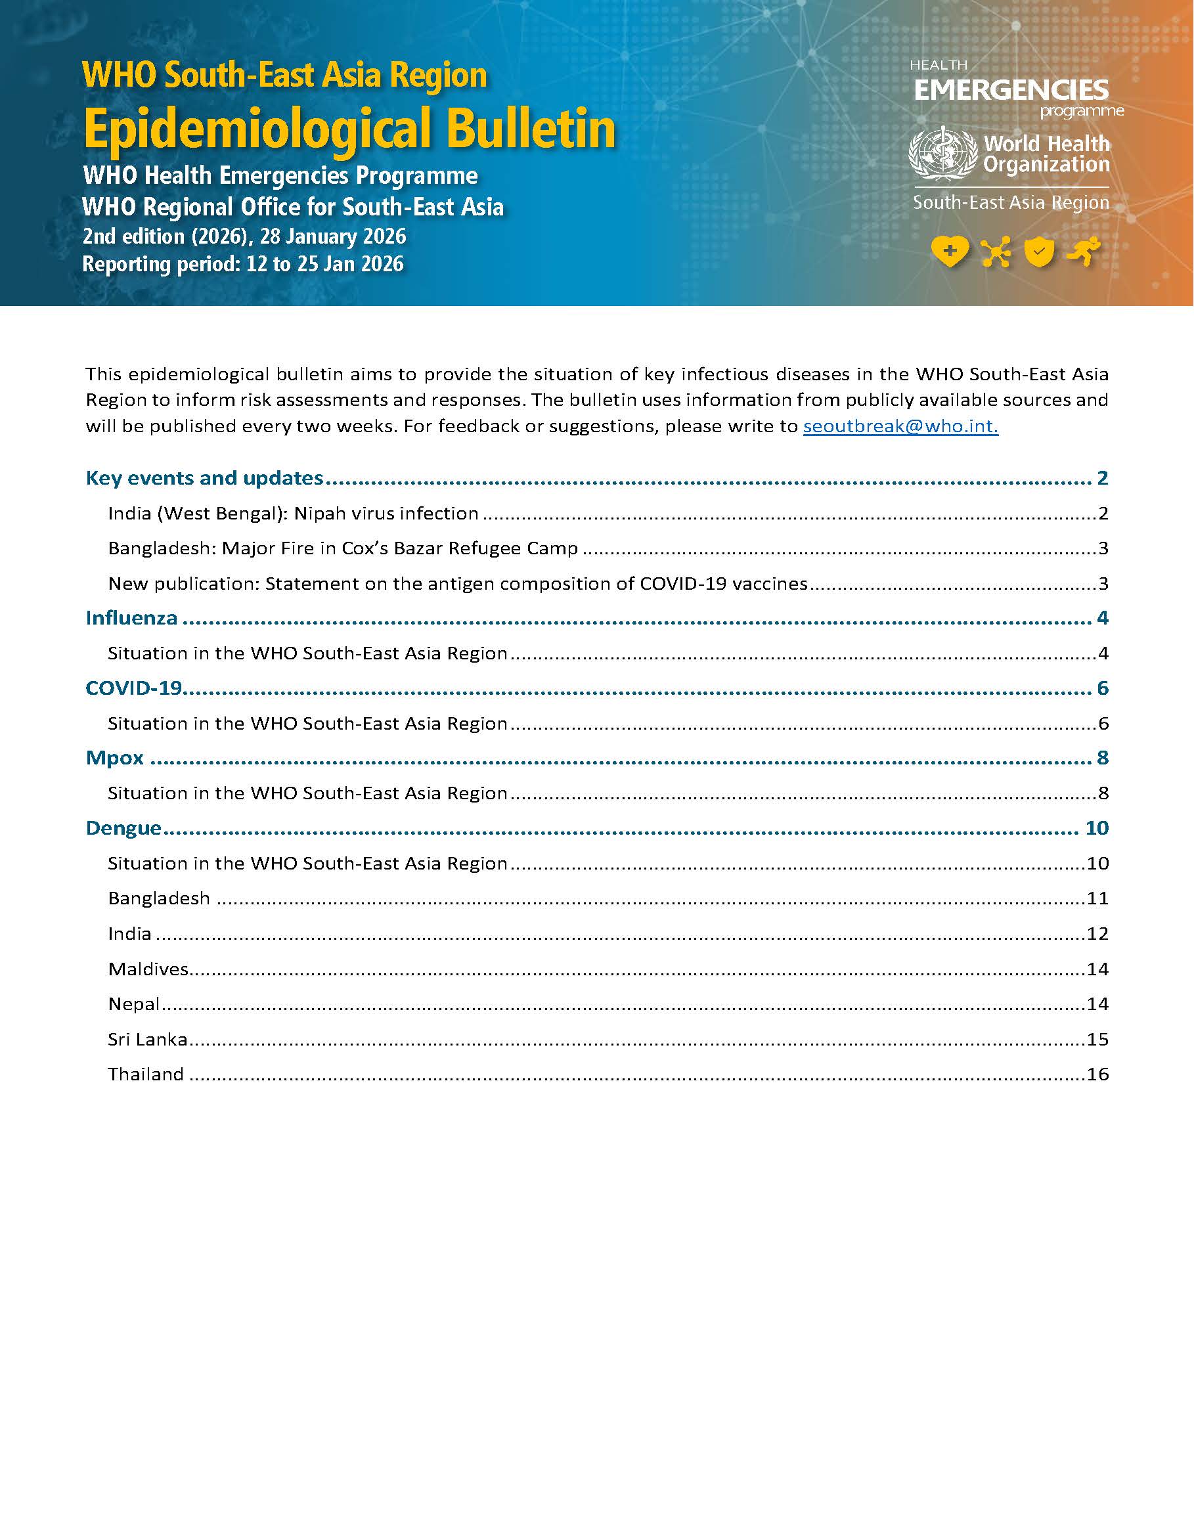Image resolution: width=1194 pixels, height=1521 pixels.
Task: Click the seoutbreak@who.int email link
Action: coord(900,426)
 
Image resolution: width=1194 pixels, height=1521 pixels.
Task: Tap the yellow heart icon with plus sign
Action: coord(949,252)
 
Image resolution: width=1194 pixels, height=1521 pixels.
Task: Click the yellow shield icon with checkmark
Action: coord(1039,252)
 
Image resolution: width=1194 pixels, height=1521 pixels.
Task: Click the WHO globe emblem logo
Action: coord(942,153)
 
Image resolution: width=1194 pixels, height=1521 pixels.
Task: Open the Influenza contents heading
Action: coord(131,618)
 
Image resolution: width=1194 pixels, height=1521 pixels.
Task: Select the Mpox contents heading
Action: coord(115,758)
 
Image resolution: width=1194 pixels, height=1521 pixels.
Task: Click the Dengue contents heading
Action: coord(123,828)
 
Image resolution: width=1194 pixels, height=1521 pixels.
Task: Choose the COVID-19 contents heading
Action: coord(133,688)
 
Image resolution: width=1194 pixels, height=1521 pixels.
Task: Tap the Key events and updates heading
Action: coord(204,478)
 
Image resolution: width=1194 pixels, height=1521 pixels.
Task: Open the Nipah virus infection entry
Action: coord(293,514)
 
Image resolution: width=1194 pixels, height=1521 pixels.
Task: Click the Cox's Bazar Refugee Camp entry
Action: coord(343,549)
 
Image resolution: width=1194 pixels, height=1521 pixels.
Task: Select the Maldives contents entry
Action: coord(148,969)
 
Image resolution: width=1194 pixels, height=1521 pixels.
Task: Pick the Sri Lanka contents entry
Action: coord(148,1040)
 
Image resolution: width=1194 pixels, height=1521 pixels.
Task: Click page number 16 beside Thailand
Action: coord(1097,1074)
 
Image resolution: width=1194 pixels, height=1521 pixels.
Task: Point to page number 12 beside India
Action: coord(1097,934)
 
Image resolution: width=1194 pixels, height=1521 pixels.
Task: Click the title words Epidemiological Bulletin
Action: coord(349,129)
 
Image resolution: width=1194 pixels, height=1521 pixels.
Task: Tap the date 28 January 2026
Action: coord(333,236)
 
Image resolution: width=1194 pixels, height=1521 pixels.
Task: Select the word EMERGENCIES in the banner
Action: coord(1011,90)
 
